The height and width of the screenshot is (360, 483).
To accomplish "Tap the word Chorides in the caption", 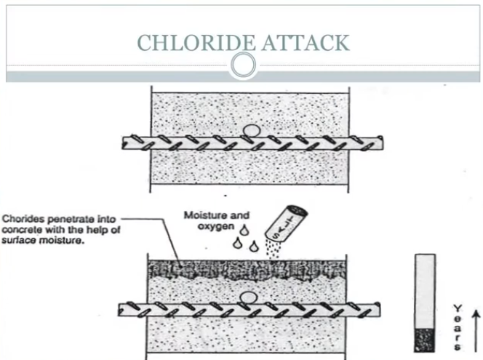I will [x=22, y=217].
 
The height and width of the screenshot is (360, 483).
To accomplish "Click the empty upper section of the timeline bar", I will [x=425, y=291].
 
